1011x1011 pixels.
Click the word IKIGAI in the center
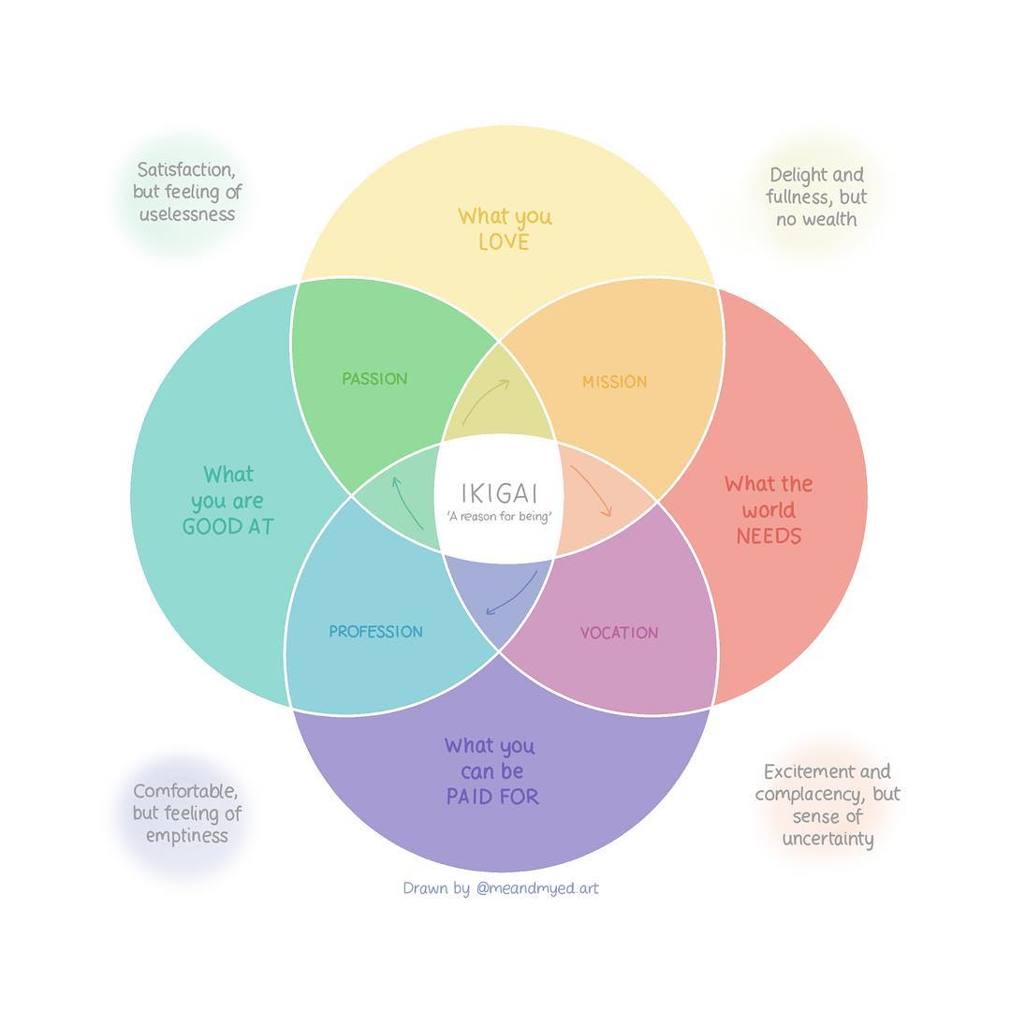click(x=499, y=492)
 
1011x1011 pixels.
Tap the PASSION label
click(x=374, y=379)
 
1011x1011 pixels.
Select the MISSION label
click(x=614, y=382)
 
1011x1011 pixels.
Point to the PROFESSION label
click(x=375, y=632)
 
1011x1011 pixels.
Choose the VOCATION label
click(x=619, y=633)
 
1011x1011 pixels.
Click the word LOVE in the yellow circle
click(x=504, y=242)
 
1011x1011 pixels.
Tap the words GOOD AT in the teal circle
click(x=227, y=527)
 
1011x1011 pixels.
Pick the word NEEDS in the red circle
click(x=769, y=536)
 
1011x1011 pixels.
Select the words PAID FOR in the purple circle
click(x=491, y=798)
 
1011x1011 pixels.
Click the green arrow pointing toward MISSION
click(x=485, y=400)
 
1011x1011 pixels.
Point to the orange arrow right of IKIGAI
click(x=592, y=490)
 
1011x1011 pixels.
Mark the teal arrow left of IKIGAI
click(x=406, y=502)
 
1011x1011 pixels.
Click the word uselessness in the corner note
click(x=187, y=214)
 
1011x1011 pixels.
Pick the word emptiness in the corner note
click(x=187, y=836)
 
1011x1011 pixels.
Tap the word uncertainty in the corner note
click(x=828, y=839)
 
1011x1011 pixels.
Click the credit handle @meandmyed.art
click(x=536, y=887)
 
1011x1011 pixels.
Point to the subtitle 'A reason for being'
click(x=499, y=517)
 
